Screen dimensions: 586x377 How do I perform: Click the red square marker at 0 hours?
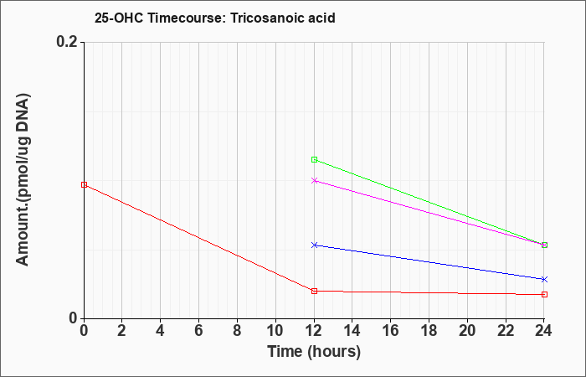84,185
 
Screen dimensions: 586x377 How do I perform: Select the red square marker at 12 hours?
314,291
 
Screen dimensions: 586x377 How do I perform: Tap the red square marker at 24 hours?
544,294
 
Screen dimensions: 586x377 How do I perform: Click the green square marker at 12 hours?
314,160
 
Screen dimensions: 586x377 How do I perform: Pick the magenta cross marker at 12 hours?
314,181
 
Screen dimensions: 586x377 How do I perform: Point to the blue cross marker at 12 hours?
314,245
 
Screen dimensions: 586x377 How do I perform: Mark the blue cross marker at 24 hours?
544,279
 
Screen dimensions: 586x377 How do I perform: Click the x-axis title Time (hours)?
314,352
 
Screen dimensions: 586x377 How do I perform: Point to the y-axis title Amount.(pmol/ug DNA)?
23,179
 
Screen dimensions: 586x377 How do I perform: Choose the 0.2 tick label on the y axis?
67,42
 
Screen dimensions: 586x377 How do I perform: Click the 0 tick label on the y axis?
74,318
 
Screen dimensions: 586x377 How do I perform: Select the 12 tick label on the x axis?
314,331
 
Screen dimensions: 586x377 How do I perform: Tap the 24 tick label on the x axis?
544,331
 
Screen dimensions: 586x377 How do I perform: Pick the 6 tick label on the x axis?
199,331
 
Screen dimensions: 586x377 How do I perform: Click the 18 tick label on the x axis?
429,331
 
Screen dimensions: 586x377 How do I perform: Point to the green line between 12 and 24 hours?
429,203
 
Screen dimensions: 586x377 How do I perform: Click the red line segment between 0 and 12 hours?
199,238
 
